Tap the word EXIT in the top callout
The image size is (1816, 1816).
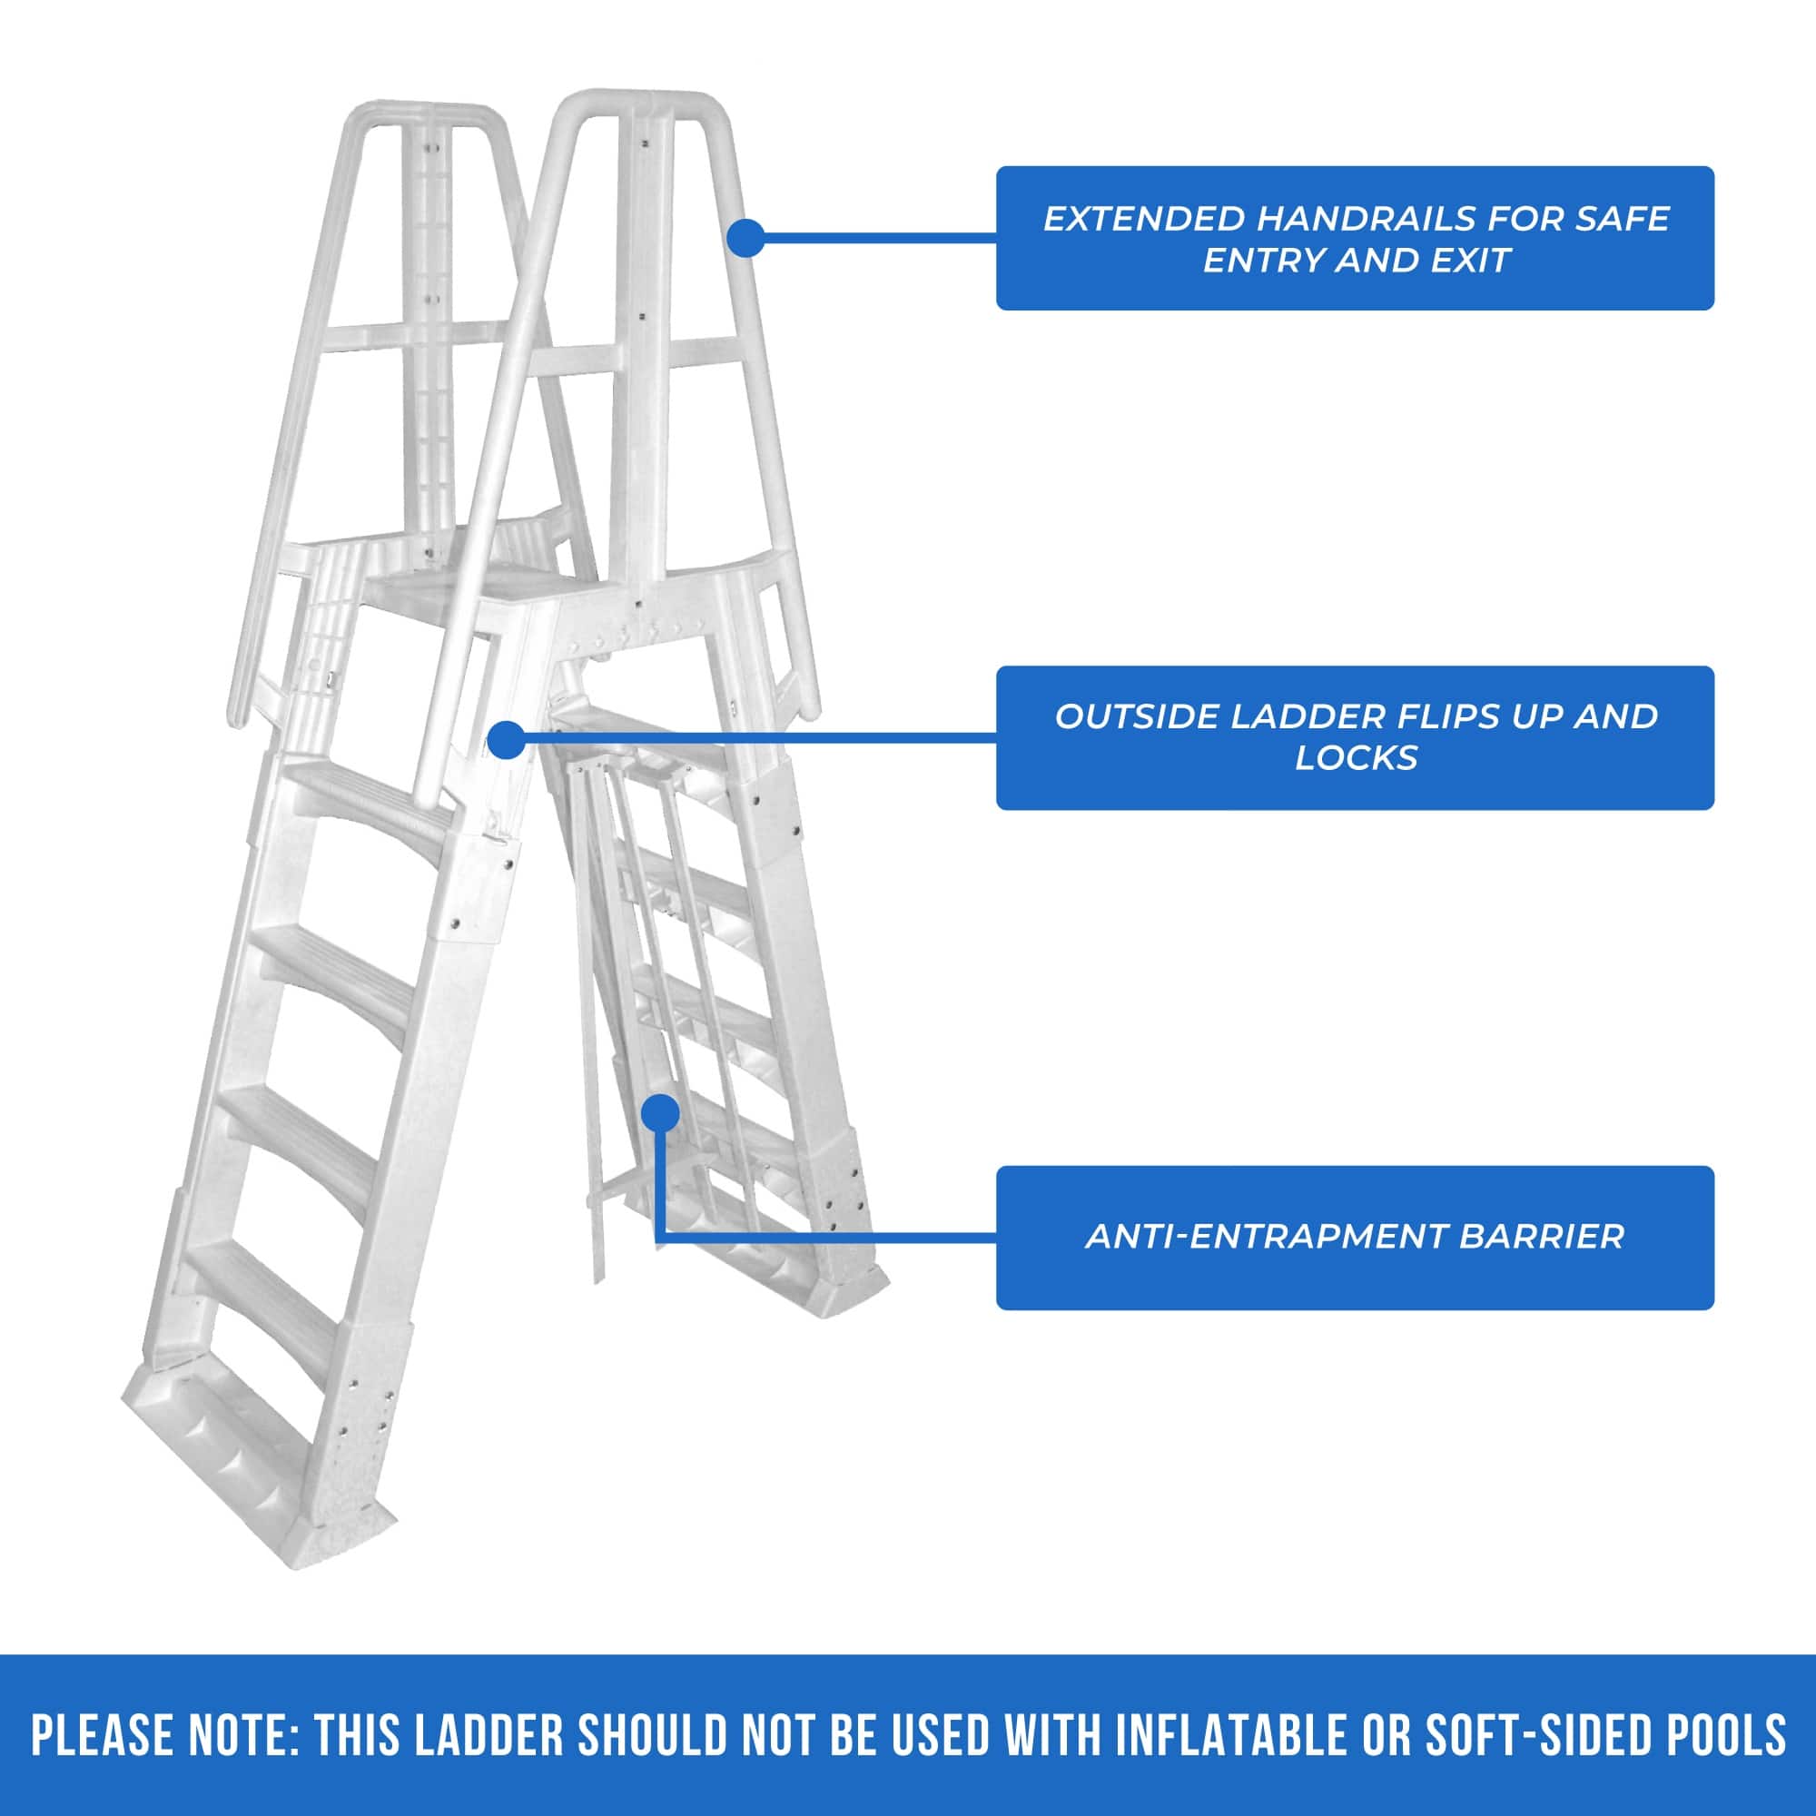[x=1470, y=261]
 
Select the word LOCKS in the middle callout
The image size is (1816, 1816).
[x=1356, y=757]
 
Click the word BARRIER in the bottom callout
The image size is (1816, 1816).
[x=1541, y=1236]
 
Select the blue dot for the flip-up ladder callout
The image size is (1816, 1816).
[x=507, y=740]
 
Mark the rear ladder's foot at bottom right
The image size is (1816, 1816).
[x=846, y=1283]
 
